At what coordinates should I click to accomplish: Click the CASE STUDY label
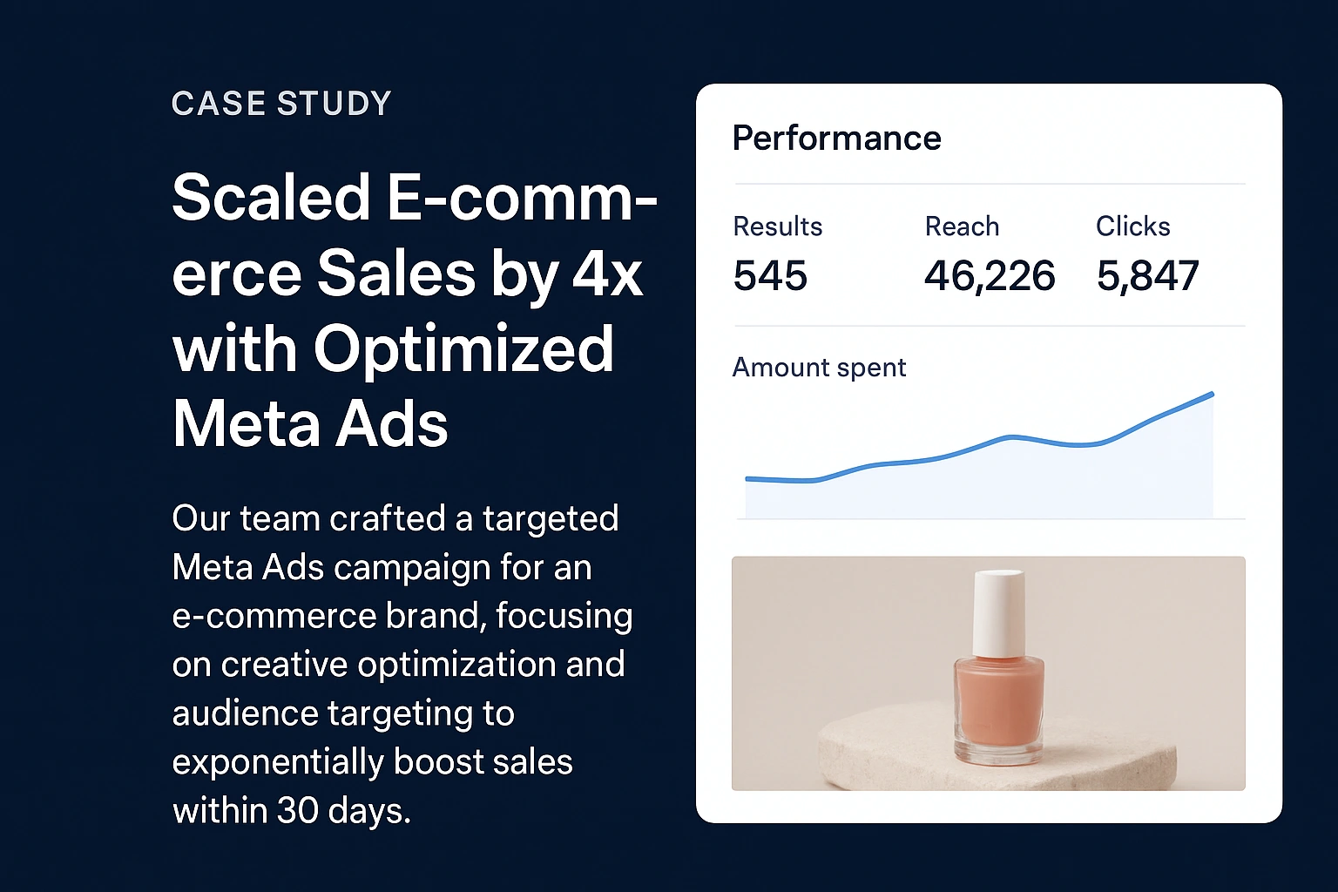coord(281,104)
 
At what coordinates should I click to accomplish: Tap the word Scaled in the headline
coord(272,198)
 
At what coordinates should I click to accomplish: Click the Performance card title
coord(836,139)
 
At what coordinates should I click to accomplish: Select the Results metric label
coord(777,226)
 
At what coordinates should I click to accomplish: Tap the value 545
coord(770,276)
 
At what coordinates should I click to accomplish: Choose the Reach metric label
coord(962,226)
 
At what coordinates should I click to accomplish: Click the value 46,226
coord(990,276)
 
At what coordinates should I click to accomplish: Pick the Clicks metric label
coord(1132,226)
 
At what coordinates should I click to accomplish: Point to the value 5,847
coord(1147,276)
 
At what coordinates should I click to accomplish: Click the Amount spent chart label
coord(819,368)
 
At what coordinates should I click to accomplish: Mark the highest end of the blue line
coord(1212,394)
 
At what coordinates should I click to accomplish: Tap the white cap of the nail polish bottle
coord(998,610)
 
